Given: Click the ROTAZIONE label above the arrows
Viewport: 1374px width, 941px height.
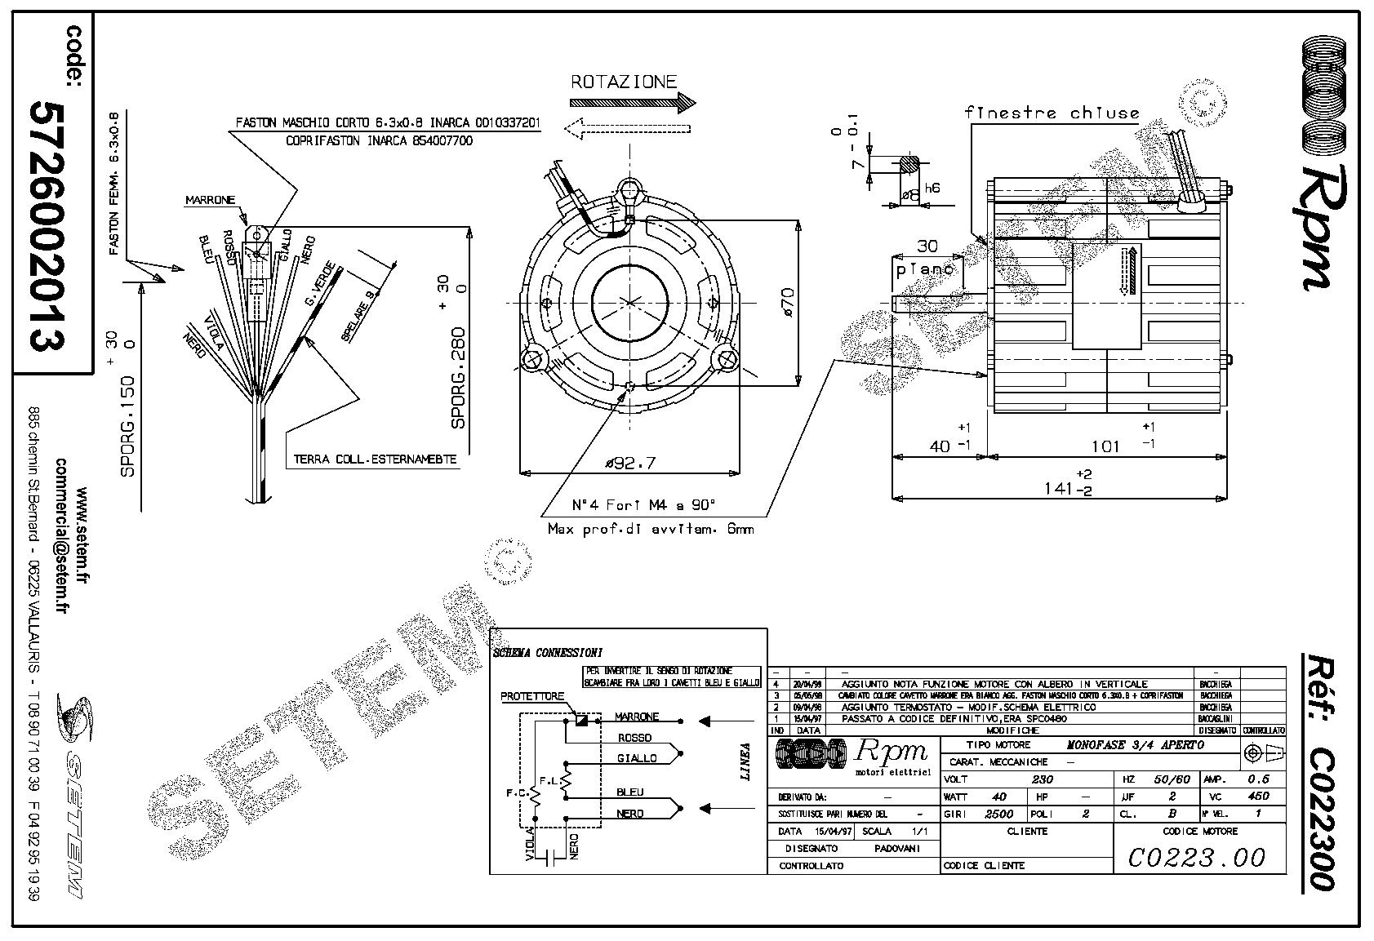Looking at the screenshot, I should tap(623, 82).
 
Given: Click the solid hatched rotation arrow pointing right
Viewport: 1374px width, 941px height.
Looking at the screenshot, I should tap(631, 103).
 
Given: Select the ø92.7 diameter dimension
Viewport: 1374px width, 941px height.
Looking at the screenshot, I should tap(629, 464).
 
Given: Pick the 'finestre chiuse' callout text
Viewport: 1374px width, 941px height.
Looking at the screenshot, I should tap(1052, 113).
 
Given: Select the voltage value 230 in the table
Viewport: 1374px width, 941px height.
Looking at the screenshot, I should tap(1043, 779).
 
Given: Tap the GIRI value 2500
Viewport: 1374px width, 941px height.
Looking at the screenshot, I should tap(998, 814).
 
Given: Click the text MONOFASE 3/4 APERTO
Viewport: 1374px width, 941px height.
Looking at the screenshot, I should tap(1135, 745).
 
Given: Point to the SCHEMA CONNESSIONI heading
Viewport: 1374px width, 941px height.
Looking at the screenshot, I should tap(548, 653).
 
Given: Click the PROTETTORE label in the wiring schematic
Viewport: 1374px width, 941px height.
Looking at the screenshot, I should tap(532, 697).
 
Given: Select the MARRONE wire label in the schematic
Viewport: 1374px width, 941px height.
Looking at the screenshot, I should tap(637, 717).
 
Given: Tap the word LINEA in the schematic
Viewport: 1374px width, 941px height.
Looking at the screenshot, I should tap(745, 761).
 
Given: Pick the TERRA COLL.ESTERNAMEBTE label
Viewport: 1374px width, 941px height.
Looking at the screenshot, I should tap(375, 459).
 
